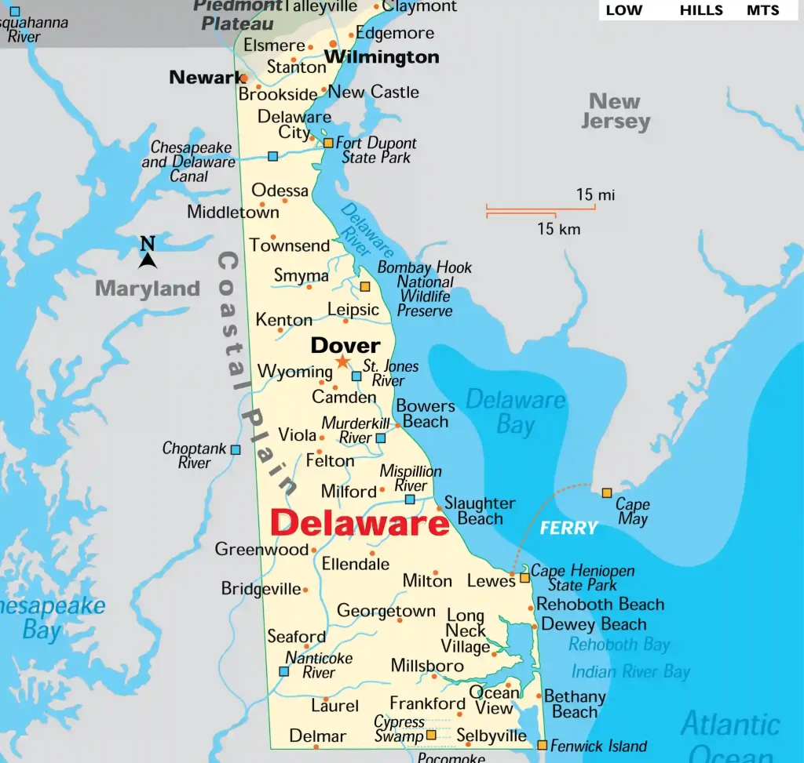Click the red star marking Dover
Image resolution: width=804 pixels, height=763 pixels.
coord(342,362)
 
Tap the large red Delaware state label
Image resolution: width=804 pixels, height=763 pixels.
coord(360,523)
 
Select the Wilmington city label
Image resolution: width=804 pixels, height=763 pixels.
coord(382,57)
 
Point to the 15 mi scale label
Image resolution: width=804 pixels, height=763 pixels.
coord(595,194)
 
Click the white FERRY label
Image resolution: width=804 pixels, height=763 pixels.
coord(568,529)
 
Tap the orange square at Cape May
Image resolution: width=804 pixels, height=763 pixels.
coord(607,493)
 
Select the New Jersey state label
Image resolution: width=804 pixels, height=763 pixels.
coord(616,111)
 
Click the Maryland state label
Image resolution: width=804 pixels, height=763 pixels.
coord(148,289)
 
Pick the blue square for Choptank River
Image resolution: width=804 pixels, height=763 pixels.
coord(236,449)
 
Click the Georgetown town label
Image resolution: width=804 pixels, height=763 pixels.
coord(386,611)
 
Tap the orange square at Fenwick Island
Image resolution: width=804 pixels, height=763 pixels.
coord(543,745)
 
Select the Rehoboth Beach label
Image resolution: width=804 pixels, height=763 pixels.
coord(600,605)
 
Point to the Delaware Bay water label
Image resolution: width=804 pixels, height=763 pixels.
coord(515,412)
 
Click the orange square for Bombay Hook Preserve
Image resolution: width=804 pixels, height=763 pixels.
coord(365,287)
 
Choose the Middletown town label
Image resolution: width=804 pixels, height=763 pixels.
coord(232,212)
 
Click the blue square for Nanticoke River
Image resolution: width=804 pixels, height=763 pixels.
coord(284,671)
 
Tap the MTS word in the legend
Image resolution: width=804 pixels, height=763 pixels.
coord(762,10)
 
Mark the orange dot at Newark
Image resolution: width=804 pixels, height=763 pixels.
coord(244,78)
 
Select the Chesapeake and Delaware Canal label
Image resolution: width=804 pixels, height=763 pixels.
coord(188,162)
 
